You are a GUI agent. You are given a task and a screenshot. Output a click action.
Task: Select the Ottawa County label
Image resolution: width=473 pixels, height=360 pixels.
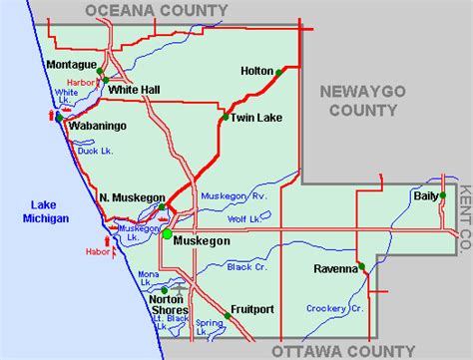[341, 350]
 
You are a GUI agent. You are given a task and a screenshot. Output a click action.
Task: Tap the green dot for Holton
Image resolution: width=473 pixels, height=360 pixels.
[278, 72]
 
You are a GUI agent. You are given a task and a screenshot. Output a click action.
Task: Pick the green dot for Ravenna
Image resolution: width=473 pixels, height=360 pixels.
[362, 267]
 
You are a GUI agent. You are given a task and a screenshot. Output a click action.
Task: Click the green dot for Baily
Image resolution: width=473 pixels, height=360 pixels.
[441, 196]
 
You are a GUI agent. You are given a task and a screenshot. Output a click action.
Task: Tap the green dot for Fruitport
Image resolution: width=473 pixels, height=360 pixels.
[228, 316]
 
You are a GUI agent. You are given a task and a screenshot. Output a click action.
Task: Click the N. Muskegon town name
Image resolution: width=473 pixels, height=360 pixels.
[131, 197]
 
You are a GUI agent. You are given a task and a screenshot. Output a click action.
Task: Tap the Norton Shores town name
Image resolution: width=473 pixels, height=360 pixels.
[168, 304]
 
